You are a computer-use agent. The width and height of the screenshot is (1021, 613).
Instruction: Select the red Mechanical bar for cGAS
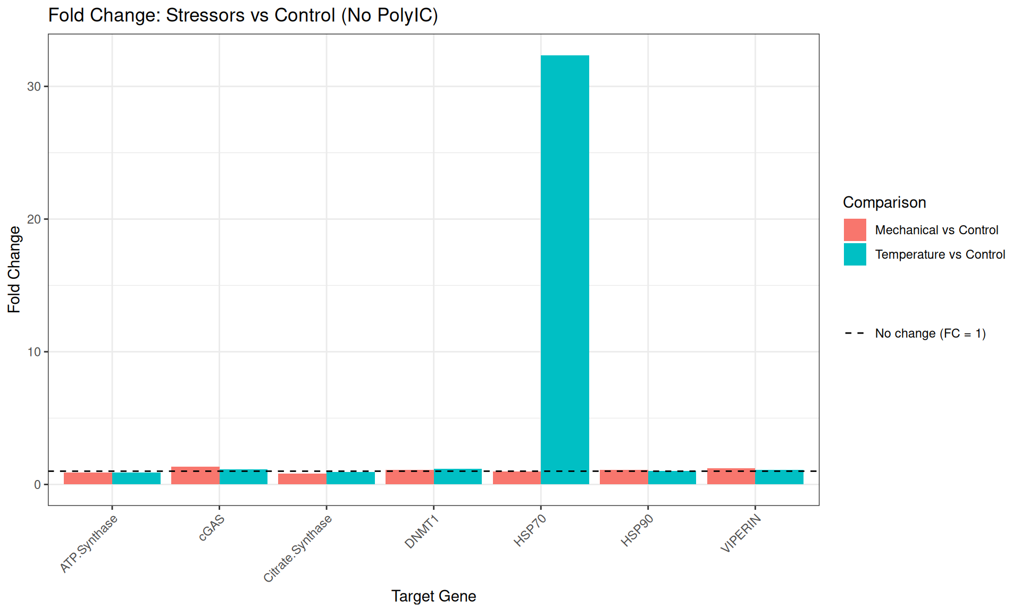point(195,476)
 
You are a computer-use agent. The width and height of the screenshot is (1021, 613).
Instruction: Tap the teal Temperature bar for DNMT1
point(458,477)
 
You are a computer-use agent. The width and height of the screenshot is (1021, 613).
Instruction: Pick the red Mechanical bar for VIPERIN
point(731,476)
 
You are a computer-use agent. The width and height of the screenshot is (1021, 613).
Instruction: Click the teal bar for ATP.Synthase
point(136,478)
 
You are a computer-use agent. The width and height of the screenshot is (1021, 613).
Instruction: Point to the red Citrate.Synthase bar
point(302,479)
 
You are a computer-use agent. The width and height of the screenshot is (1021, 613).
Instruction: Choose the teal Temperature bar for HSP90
point(672,478)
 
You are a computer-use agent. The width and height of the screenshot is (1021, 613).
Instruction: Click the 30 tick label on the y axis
point(34,87)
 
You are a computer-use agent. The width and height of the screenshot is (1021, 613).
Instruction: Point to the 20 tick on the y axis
point(34,219)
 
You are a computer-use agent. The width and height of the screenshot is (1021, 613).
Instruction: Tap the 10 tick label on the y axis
point(34,352)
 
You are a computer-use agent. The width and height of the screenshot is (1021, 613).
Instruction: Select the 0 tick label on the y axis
point(37,485)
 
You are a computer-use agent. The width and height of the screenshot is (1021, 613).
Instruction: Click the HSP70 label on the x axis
point(530,531)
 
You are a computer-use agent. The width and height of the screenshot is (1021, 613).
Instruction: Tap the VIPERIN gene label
point(741,533)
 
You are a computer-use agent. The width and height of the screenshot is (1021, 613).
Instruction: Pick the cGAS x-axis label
point(212,528)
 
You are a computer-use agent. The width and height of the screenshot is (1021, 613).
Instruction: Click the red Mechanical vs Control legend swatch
point(855,230)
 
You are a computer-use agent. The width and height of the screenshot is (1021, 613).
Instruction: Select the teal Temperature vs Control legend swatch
point(855,254)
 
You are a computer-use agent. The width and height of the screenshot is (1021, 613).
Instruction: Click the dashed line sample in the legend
point(855,334)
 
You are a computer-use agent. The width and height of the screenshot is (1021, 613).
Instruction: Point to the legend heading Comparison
point(884,203)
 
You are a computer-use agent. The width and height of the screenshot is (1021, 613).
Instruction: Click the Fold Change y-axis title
point(14,269)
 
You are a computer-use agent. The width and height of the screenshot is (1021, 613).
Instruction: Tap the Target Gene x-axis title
point(433,597)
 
